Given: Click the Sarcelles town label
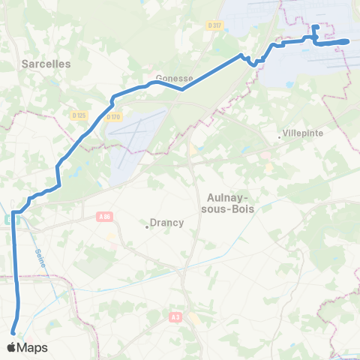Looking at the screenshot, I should coord(46,64).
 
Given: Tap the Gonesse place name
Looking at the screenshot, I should coord(175,78).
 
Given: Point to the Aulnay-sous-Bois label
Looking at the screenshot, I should coord(229,203).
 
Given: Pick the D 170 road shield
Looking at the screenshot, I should coord(113,116).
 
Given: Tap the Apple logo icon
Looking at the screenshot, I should coord(13,347).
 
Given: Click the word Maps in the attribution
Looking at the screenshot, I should coord(33,347).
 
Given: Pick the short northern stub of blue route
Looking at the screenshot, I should coord(315,30).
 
